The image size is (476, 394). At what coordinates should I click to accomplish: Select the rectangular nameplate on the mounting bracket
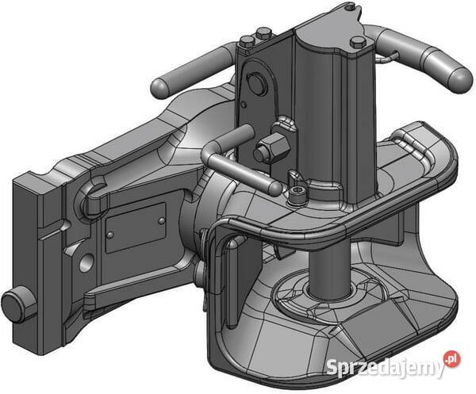136,227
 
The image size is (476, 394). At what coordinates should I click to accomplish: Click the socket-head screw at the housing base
296,194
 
